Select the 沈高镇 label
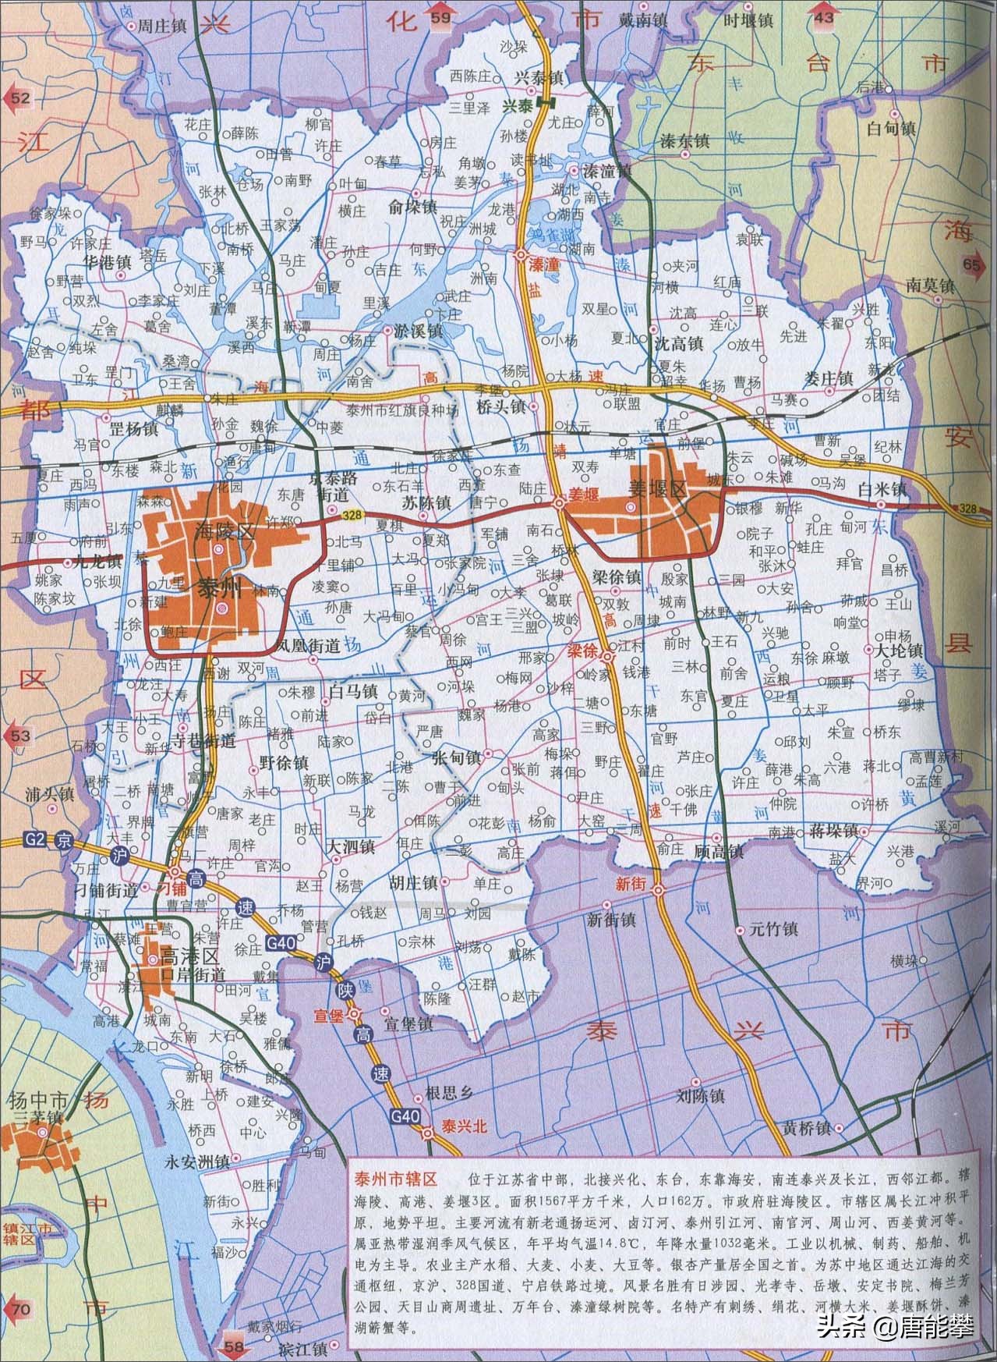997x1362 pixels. pyautogui.click(x=677, y=342)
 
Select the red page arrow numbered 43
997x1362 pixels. pyautogui.click(x=824, y=17)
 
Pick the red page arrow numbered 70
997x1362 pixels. pyautogui.click(x=21, y=1308)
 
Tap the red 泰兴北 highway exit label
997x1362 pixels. pyautogui.click(x=464, y=1126)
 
